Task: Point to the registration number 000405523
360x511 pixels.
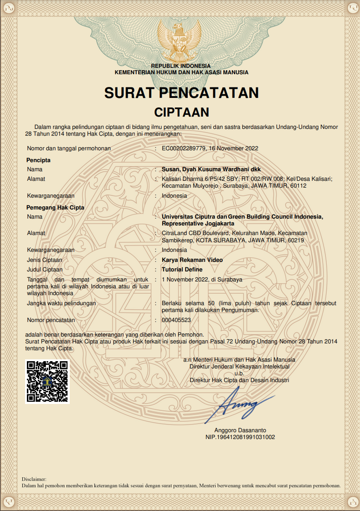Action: [176, 320]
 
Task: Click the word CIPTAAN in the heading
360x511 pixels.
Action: [181, 112]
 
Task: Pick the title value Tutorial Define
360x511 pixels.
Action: [182, 270]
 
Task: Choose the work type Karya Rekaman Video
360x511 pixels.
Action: [192, 260]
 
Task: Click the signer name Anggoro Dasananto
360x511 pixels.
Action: [240, 430]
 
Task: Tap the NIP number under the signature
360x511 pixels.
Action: [240, 437]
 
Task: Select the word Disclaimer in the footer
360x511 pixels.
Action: [34, 479]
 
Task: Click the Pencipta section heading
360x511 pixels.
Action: [38, 160]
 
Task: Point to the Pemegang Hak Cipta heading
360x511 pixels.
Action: [55, 208]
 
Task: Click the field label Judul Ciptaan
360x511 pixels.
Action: [45, 270]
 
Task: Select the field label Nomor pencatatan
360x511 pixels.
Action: [51, 320]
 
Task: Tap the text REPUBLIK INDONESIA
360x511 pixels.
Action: [181, 66]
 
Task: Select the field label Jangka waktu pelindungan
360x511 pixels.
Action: [61, 303]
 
